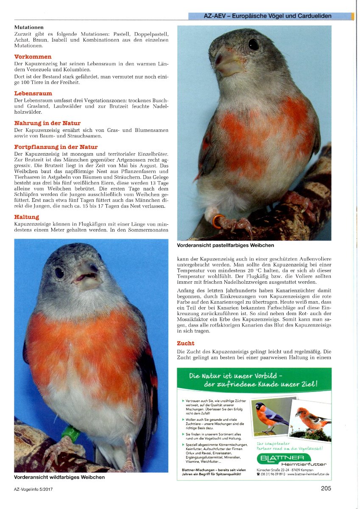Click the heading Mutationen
pos(29,27)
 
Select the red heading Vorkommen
pos(33,56)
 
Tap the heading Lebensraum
pos(33,93)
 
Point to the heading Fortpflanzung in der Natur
pos(56,147)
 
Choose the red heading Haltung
pos(27,217)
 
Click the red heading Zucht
pos(186,343)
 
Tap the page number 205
pos(326,488)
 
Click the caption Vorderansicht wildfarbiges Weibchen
pos(59,477)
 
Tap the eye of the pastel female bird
pos(254,45)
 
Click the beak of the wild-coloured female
pos(87,278)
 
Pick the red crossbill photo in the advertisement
pos(311,419)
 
